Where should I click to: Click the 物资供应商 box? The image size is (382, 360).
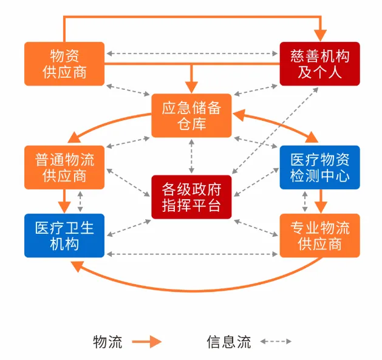pyautogui.click(x=64, y=63)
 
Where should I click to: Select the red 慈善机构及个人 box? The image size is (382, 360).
pyautogui.click(x=319, y=63)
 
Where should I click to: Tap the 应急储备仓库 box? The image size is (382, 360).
pyautogui.click(x=192, y=115)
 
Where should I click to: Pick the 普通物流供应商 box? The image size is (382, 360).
pyautogui.click(x=64, y=167)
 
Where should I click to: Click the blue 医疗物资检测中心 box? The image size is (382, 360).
pyautogui.click(x=319, y=167)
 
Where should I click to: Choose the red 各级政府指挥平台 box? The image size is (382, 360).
pyautogui.click(x=192, y=195)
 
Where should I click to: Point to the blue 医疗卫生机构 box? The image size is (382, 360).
pyautogui.click(x=64, y=235)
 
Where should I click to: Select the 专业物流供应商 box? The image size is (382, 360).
pyautogui.click(x=319, y=235)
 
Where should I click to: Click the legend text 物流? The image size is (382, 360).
pyautogui.click(x=107, y=342)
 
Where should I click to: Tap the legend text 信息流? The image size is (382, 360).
pyautogui.click(x=228, y=342)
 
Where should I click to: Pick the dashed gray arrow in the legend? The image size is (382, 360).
pyautogui.click(x=276, y=342)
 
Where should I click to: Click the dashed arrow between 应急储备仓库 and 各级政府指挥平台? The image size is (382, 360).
pyautogui.click(x=192, y=156)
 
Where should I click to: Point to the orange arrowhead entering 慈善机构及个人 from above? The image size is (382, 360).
pyautogui.click(x=319, y=35)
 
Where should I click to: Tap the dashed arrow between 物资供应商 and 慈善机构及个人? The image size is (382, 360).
pyautogui.click(x=192, y=55)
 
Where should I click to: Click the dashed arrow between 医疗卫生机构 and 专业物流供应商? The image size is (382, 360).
pyautogui.click(x=192, y=254)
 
